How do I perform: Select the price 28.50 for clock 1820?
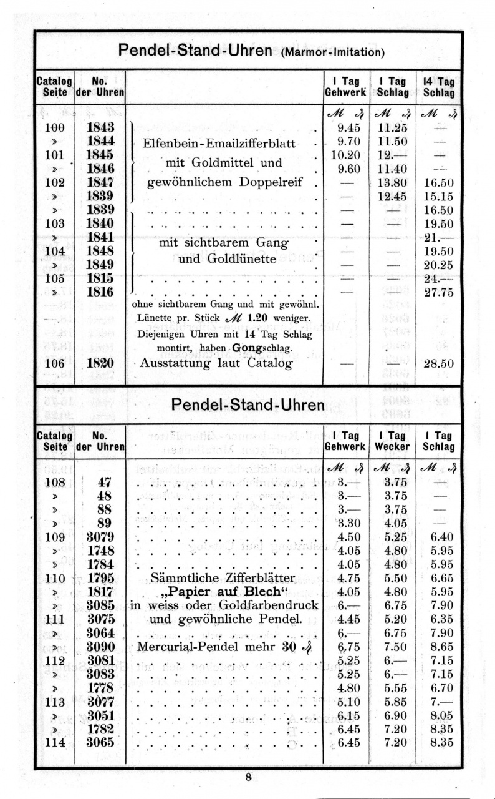click(x=439, y=364)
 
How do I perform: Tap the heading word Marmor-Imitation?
click(x=332, y=52)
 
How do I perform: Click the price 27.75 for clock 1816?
click(x=439, y=292)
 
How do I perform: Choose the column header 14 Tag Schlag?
click(x=439, y=87)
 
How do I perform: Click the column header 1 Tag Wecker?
click(x=391, y=441)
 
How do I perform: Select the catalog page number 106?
click(x=55, y=364)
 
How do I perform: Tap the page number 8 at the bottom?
click(x=248, y=777)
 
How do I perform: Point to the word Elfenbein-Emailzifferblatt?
click(x=219, y=143)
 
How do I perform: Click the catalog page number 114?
click(x=55, y=742)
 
